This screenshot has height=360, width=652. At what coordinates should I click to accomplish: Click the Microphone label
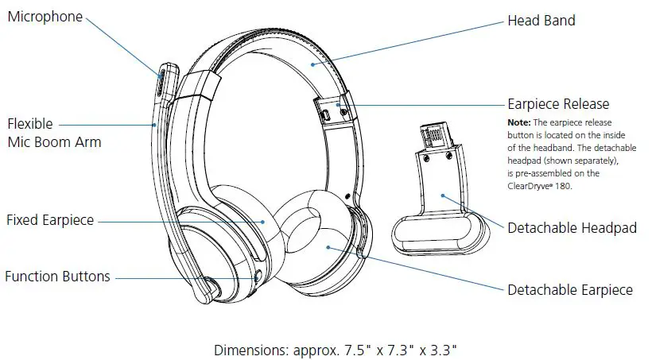45,17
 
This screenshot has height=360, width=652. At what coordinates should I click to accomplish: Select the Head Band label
541,21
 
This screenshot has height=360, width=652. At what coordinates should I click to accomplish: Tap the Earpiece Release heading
558,104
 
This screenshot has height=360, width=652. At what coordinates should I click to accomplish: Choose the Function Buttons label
57,277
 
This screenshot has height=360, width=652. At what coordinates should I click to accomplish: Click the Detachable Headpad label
572,228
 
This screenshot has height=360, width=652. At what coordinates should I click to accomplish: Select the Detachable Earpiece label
570,290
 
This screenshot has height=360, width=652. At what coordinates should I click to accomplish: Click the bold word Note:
522,122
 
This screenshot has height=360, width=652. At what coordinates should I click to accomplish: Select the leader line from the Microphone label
123,44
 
